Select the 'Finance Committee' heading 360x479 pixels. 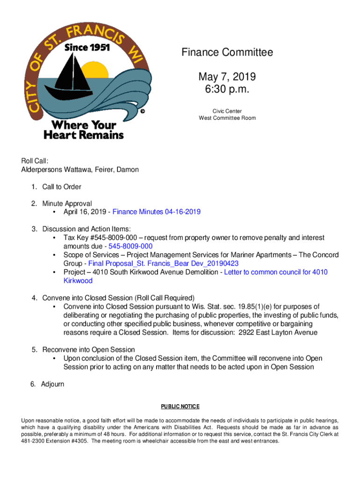click(x=227, y=52)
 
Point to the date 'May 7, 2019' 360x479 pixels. click(x=227, y=76)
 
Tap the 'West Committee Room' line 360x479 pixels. click(x=227, y=118)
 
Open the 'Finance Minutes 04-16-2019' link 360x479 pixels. click(x=157, y=212)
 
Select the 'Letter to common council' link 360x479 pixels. click(x=276, y=272)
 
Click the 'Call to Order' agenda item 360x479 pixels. click(x=62, y=187)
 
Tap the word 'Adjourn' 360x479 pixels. click(x=52, y=384)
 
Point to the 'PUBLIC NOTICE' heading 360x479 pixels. click(x=180, y=406)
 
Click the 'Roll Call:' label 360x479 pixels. click(x=35, y=161)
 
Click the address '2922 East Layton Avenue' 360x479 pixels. click(x=278, y=333)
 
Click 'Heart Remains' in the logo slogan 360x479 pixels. click(x=84, y=135)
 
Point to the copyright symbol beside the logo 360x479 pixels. click(x=143, y=111)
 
